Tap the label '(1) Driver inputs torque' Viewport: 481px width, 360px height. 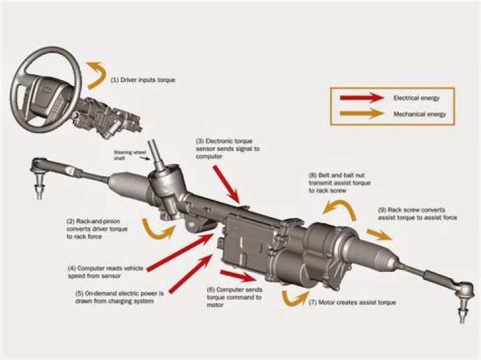(x=143, y=79)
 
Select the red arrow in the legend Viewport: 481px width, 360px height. (x=363, y=98)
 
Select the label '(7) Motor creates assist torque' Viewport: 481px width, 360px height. (x=352, y=303)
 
